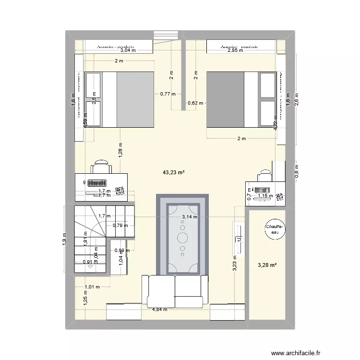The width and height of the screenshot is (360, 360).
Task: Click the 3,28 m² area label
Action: click(266, 264)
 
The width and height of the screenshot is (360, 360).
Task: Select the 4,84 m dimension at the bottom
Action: click(159, 310)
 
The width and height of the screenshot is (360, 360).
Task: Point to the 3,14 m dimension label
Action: click(189, 216)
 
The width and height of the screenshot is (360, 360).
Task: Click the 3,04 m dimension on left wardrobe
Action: click(128, 50)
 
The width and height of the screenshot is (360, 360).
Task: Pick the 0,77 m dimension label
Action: click(168, 95)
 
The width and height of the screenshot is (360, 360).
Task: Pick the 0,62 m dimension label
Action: click(196, 103)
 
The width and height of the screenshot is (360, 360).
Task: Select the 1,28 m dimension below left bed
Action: click(120, 150)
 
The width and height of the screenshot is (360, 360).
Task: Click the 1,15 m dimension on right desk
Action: click(264, 196)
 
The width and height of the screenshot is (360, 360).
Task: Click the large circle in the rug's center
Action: click(183, 237)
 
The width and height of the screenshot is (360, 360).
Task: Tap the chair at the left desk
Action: click(102, 167)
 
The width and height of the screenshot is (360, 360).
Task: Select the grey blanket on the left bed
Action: click(135, 99)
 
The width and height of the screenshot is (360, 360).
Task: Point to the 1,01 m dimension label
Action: click(92, 287)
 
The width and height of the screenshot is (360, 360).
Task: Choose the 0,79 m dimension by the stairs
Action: click(120, 225)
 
